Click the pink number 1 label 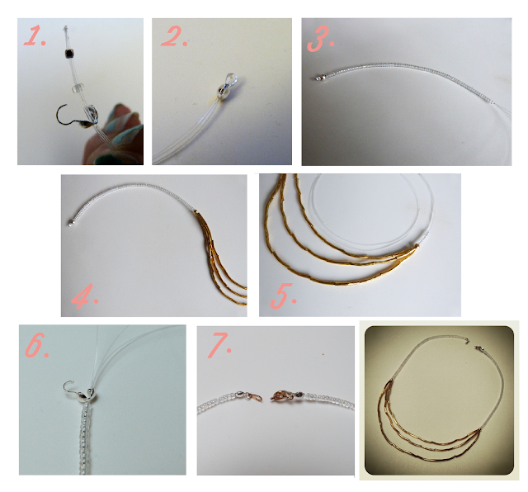(x=35, y=36)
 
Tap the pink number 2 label (x=174, y=36)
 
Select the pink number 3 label (x=320, y=40)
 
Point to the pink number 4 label (x=84, y=296)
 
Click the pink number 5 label (x=283, y=296)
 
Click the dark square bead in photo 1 (x=70, y=53)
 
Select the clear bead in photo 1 (x=77, y=88)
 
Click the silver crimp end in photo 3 (x=318, y=78)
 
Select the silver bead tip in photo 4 (x=71, y=223)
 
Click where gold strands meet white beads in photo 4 (x=196, y=212)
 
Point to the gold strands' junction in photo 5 (x=416, y=247)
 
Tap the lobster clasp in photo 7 (x=282, y=395)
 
